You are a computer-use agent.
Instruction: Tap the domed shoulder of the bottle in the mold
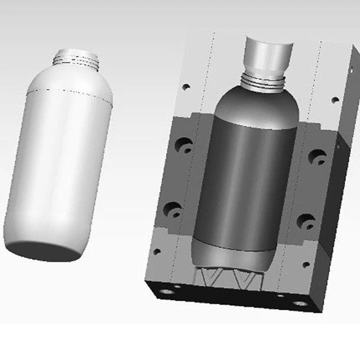[x=256, y=103]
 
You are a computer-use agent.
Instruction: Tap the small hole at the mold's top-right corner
[x=334, y=100]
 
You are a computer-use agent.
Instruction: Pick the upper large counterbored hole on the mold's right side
[x=316, y=156]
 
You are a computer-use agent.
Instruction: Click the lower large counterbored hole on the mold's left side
[x=173, y=209]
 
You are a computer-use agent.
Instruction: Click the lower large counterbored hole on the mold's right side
[x=305, y=221]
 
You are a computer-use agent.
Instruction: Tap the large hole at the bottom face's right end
[x=299, y=303]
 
